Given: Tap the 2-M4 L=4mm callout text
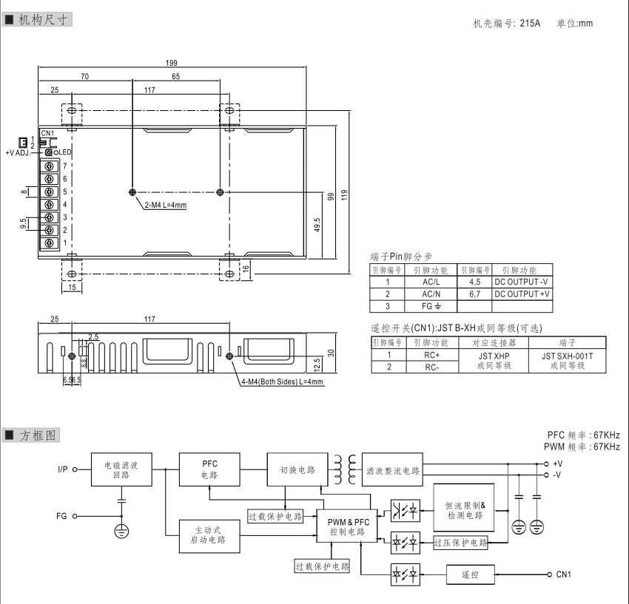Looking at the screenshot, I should pyautogui.click(x=166, y=205).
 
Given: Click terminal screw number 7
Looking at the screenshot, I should pyautogui.click(x=50, y=166).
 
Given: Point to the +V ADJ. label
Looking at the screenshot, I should pyautogui.click(x=20, y=152).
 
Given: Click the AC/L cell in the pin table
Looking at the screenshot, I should pyautogui.click(x=431, y=282).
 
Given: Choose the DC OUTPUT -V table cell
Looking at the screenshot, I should pyautogui.click(x=522, y=282).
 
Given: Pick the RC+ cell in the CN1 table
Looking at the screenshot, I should pyautogui.click(x=431, y=355).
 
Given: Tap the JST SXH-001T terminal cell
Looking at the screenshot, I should pyautogui.click(x=568, y=360).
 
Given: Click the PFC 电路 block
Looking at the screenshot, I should pyautogui.click(x=209, y=469).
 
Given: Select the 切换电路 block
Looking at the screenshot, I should pyautogui.click(x=297, y=469).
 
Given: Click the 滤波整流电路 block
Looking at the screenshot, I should pyautogui.click(x=393, y=470).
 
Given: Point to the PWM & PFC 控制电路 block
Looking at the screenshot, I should pyautogui.click(x=347, y=526).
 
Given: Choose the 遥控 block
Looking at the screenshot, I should pyautogui.click(x=471, y=574).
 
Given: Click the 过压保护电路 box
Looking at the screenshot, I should pyautogui.click(x=460, y=543).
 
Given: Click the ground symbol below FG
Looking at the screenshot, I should pyautogui.click(x=121, y=530).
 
